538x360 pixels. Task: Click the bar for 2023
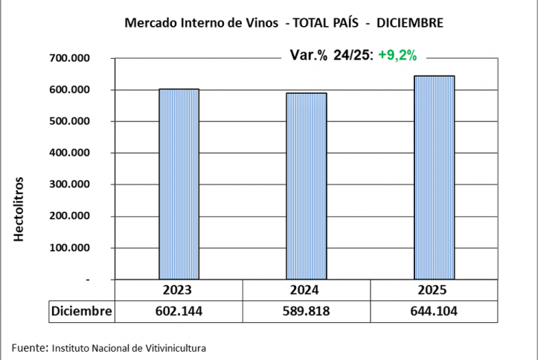pyautogui.click(x=179, y=184)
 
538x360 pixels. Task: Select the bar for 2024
pyautogui.click(x=307, y=186)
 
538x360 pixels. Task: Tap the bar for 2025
pyautogui.click(x=434, y=178)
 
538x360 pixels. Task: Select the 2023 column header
pyautogui.click(x=179, y=290)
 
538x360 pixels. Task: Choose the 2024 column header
pyautogui.click(x=307, y=290)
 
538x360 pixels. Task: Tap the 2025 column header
pyautogui.click(x=434, y=290)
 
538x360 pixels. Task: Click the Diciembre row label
pyautogui.click(x=81, y=311)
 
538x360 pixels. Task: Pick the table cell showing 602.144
pyautogui.click(x=179, y=311)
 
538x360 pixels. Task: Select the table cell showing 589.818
pyautogui.click(x=307, y=311)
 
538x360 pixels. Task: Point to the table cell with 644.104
pyautogui.click(x=434, y=311)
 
